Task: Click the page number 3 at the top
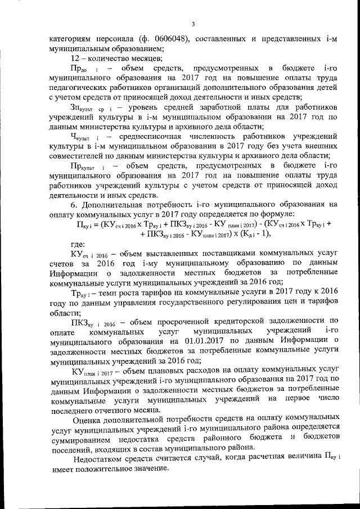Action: (192, 24)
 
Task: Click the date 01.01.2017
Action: (186, 341)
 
